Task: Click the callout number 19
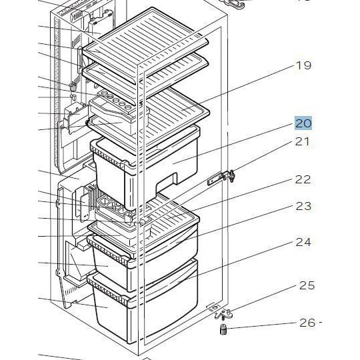pos(303,65)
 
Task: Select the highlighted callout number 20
pos(303,123)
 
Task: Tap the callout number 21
pos(302,141)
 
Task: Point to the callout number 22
pos(303,180)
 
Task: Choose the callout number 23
pos(303,206)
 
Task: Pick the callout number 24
pos(303,242)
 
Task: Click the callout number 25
pos(307,285)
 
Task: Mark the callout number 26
pos(307,323)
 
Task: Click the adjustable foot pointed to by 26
pos(223,329)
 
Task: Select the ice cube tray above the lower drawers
pos(113,206)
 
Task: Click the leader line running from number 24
pos(236,262)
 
